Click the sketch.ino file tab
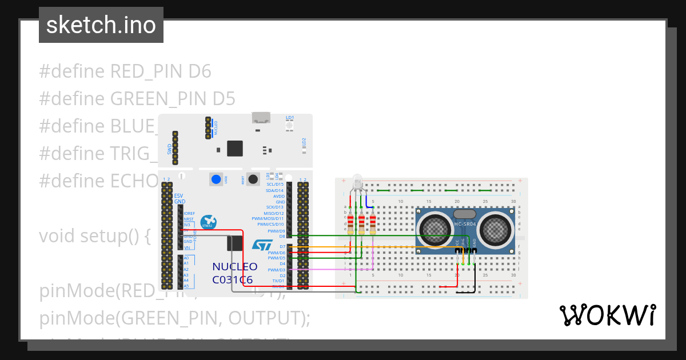click(101, 26)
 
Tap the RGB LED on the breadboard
click(357, 182)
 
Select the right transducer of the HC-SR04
click(495, 228)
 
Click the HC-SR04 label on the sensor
click(464, 223)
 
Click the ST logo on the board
click(264, 245)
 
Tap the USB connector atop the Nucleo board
click(261, 118)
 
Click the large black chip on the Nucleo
click(235, 148)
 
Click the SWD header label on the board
click(170, 149)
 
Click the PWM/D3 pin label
click(276, 270)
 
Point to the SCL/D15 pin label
click(274, 184)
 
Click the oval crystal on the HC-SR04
click(464, 213)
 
